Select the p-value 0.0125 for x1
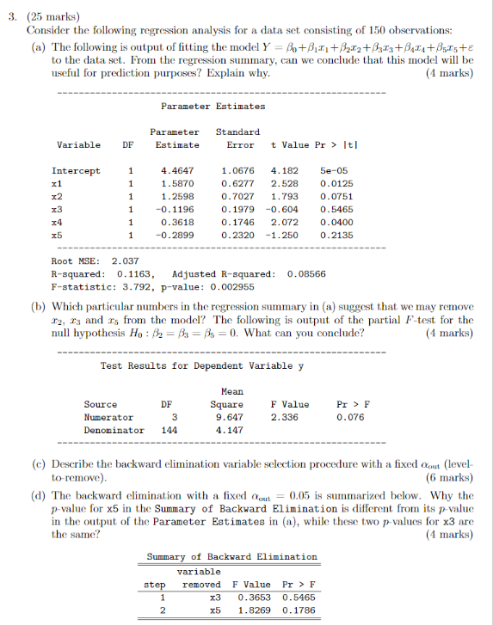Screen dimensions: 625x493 tap(334, 183)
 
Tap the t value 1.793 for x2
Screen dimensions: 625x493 tap(284, 196)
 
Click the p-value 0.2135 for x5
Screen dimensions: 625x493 tap(334, 235)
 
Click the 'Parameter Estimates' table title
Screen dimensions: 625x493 tap(213, 106)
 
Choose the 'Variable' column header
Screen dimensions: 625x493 tap(77, 145)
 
